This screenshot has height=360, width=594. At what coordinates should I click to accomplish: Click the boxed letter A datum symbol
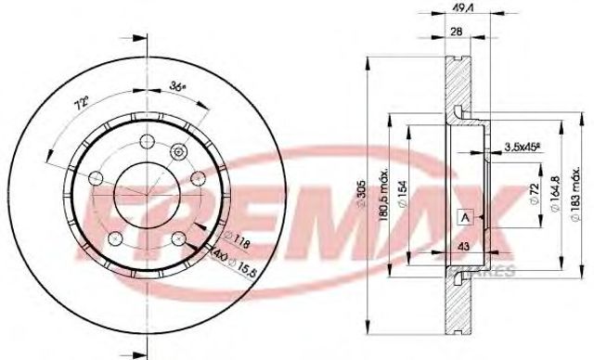tap(463, 215)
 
